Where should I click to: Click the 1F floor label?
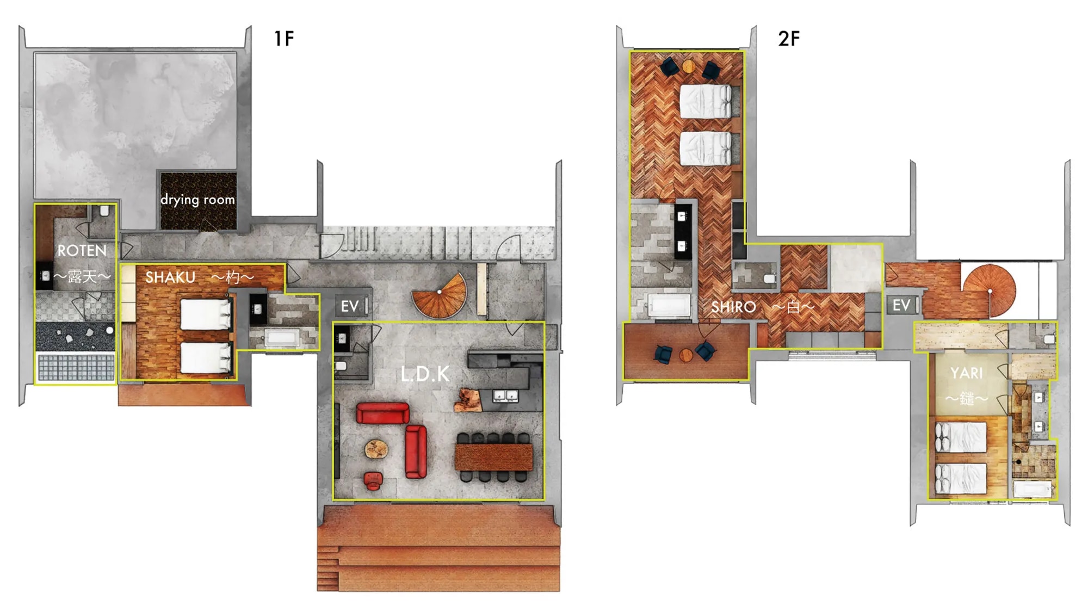pyautogui.click(x=284, y=39)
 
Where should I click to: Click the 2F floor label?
pyautogui.click(x=789, y=39)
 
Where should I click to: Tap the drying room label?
pyautogui.click(x=197, y=200)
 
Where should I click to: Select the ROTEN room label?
pyautogui.click(x=82, y=251)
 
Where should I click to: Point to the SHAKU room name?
pyautogui.click(x=170, y=277)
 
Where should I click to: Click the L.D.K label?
pyautogui.click(x=425, y=374)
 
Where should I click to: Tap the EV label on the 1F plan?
pyautogui.click(x=350, y=306)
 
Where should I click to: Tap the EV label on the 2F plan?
pyautogui.click(x=901, y=305)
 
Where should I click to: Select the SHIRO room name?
pyautogui.click(x=733, y=307)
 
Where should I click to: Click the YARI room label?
pyautogui.click(x=967, y=373)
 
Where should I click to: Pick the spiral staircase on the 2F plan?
pyautogui.click(x=989, y=290)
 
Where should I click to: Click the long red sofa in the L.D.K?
pyautogui.click(x=383, y=413)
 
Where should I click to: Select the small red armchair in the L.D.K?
pyautogui.click(x=373, y=481)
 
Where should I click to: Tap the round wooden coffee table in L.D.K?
pyautogui.click(x=376, y=449)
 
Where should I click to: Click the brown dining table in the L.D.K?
pyautogui.click(x=494, y=457)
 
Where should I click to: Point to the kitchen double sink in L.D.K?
pyautogui.click(x=505, y=395)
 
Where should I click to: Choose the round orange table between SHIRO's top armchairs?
pyautogui.click(x=689, y=66)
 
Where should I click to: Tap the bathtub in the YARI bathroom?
pyautogui.click(x=1032, y=489)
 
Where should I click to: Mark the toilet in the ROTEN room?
pyautogui.click(x=104, y=211)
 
